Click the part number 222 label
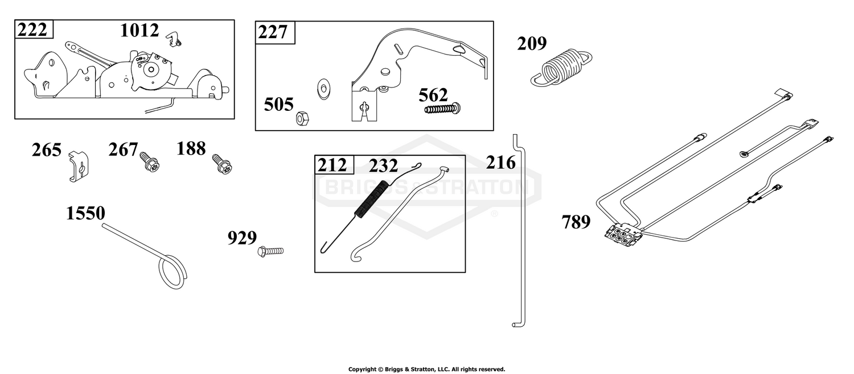[x=32, y=30]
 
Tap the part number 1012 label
[x=139, y=31]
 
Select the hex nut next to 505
[x=302, y=118]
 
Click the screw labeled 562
[x=443, y=109]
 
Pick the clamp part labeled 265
[x=79, y=166]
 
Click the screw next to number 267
[x=149, y=161]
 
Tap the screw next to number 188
[x=222, y=164]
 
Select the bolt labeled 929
[x=270, y=251]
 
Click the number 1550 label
[x=85, y=214]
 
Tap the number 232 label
[x=383, y=166]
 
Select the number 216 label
[x=500, y=163]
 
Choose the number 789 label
[x=576, y=222]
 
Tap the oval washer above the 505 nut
[x=324, y=89]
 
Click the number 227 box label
[x=273, y=32]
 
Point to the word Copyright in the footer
[x=362, y=369]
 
